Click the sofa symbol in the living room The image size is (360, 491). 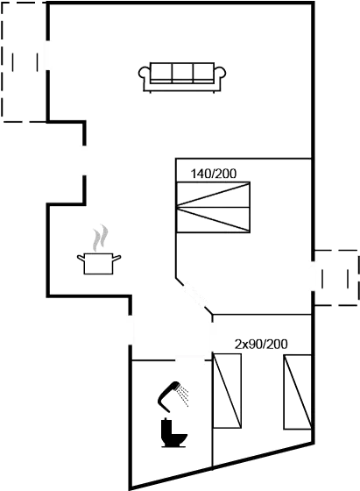point(184,75)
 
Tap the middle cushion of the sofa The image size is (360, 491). point(184,72)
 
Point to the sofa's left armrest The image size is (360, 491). point(146,76)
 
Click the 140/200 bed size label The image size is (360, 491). point(214,174)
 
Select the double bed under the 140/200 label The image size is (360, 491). point(214,209)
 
